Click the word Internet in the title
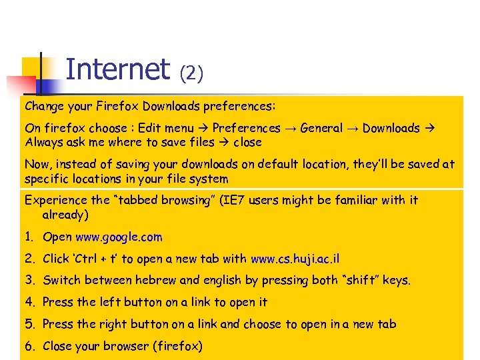pos(118,69)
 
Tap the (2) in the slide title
pos(191,73)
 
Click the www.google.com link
pos(119,237)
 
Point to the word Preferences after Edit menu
pos(246,128)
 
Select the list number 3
pos(29,281)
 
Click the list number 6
pos(29,346)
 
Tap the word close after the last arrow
pos(247,142)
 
